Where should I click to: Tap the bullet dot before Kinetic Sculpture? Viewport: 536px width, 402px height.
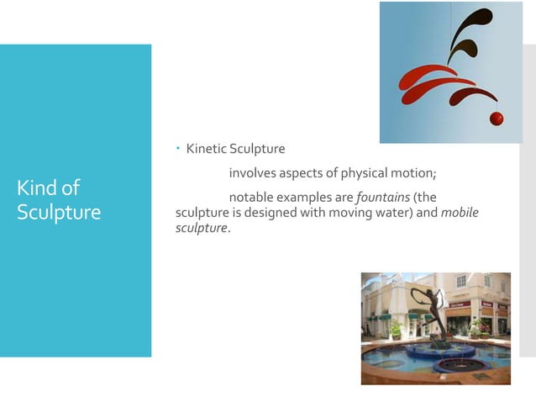(178, 149)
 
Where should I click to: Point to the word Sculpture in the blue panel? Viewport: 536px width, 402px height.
(58, 212)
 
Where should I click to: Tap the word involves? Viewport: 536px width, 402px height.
(253, 173)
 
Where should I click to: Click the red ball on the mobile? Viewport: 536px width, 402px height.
(497, 118)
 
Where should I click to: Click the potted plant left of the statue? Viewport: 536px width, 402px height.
(395, 329)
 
